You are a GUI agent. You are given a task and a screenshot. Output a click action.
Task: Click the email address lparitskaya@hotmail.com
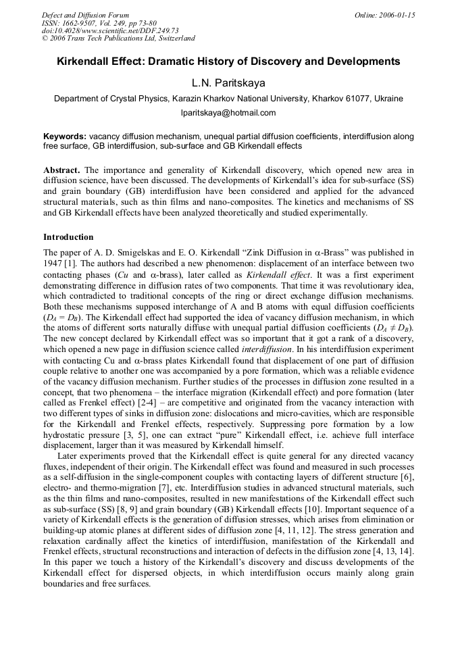228,113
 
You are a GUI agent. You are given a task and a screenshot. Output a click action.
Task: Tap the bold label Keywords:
64,136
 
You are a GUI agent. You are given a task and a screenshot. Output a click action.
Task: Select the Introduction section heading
68,237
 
